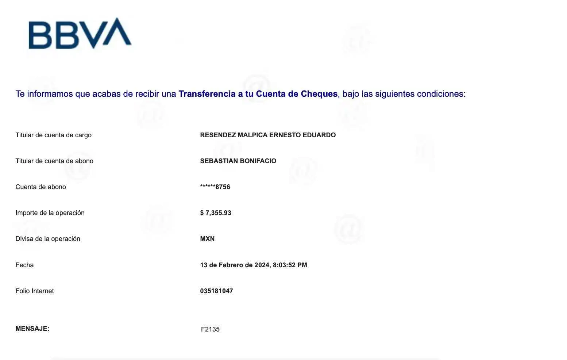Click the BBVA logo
point(80,33)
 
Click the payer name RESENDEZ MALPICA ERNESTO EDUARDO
point(268,135)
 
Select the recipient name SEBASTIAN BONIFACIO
point(238,161)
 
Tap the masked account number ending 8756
point(215,187)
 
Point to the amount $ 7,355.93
point(216,213)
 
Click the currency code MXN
point(207,239)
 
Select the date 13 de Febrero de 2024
point(235,265)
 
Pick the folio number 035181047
point(216,291)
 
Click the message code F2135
point(210,329)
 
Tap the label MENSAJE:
point(32,328)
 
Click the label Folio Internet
point(35,291)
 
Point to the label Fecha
point(24,265)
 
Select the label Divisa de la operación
point(48,239)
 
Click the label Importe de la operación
point(50,213)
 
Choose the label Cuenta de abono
point(41,187)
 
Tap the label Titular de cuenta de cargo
point(53,135)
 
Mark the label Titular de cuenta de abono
point(54,161)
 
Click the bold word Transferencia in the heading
point(207,94)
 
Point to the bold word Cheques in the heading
point(319,94)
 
